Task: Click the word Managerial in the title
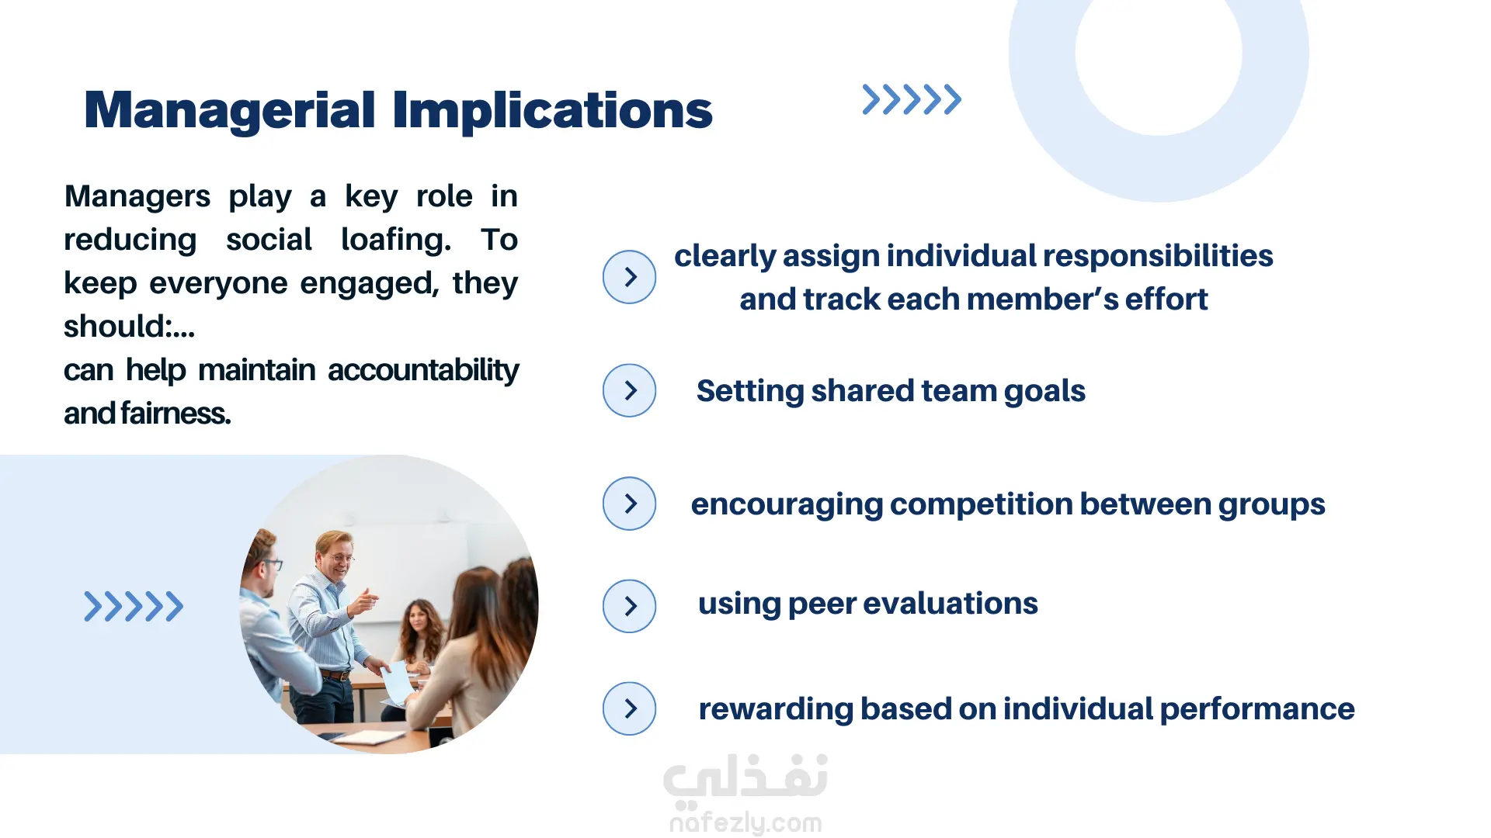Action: pos(230,110)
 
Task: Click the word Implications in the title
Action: pos(552,110)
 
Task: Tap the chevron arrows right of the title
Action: pos(912,99)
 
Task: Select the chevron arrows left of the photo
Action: pos(134,606)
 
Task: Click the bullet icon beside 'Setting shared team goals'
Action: pos(629,390)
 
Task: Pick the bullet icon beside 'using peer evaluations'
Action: pos(629,606)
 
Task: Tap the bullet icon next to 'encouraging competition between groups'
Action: pos(629,504)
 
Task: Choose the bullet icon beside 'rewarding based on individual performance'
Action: pos(629,708)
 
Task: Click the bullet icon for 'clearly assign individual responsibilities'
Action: pos(629,277)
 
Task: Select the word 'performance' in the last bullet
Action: pos(1257,709)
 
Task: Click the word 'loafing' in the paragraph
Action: pos(396,240)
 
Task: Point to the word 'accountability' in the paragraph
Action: pos(423,370)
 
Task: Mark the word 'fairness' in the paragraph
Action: pos(176,414)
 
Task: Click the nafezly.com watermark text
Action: pos(745,822)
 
